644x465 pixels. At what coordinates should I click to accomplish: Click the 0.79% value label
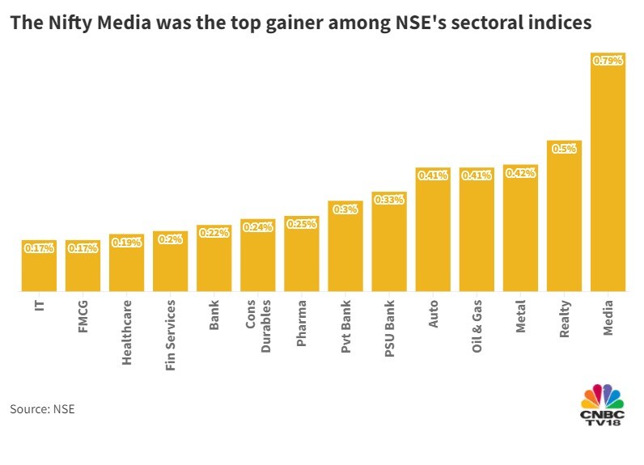click(x=608, y=60)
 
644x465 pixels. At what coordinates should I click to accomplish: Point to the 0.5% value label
click(x=564, y=148)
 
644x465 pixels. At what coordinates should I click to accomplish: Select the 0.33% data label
click(x=388, y=200)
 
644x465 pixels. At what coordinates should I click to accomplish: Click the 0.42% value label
click(x=520, y=172)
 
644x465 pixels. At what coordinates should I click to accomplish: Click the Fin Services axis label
click(x=171, y=336)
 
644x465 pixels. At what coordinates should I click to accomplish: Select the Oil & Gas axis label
click(x=477, y=323)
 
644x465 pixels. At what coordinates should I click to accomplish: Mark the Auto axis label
click(x=433, y=313)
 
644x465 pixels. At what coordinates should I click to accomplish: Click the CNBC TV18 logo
click(x=603, y=404)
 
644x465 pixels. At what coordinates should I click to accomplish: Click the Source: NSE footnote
click(x=42, y=409)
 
